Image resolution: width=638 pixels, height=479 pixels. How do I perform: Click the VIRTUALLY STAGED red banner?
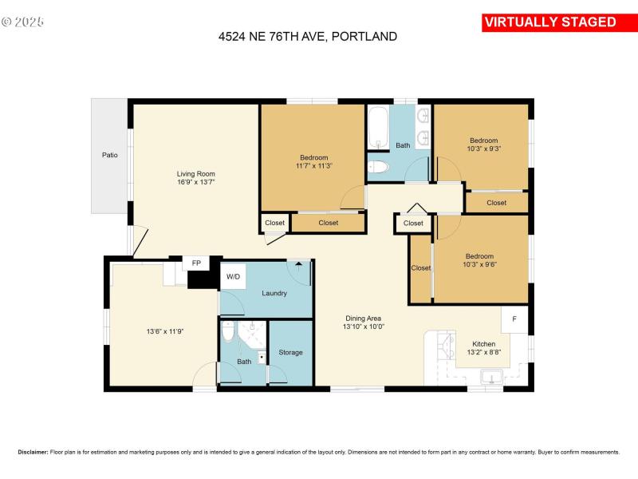(549, 22)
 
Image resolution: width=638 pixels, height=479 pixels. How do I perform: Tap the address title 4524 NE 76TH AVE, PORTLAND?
(308, 36)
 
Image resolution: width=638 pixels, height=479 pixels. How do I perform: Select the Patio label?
(109, 155)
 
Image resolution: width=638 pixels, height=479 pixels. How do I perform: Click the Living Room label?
(195, 174)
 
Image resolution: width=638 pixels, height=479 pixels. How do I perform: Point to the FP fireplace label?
(195, 263)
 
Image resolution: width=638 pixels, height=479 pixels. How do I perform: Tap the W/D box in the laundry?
(233, 277)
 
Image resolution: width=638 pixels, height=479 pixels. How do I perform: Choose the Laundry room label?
(274, 293)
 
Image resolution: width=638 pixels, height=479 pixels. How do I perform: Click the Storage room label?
(290, 352)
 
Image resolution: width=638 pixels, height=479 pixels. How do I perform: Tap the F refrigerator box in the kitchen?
(514, 319)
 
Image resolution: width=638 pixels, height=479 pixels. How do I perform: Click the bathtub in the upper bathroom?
(378, 129)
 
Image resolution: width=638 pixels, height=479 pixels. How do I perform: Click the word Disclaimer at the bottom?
(33, 452)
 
